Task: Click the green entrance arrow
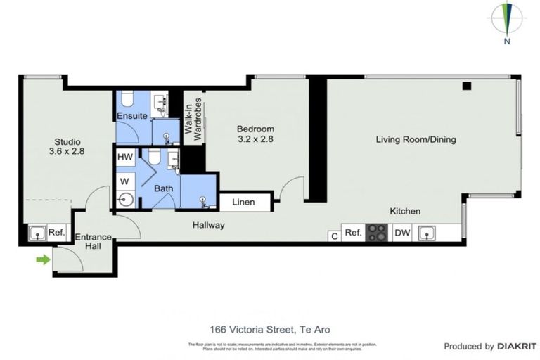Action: coord(44,259)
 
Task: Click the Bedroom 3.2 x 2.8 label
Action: coord(255,134)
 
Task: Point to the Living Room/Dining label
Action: coord(416,139)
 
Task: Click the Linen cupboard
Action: coord(245,202)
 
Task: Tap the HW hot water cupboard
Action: coord(125,157)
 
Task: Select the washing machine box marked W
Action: coord(125,181)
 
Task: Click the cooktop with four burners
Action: coord(377,233)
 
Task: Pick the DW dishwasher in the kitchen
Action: coord(401,233)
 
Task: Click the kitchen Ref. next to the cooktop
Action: coord(353,233)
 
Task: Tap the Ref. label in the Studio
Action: coord(57,233)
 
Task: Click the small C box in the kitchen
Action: coord(334,236)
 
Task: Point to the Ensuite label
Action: coord(131,115)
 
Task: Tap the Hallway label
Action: coord(209,225)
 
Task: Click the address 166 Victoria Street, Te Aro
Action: coord(269,329)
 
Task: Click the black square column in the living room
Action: coord(466,86)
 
